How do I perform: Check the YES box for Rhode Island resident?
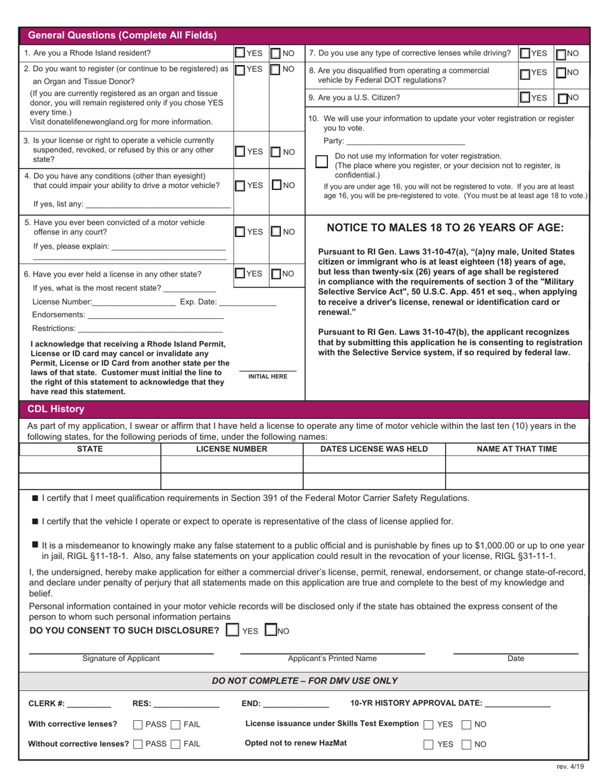tap(240, 53)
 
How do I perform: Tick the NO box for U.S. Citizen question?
tap(562, 98)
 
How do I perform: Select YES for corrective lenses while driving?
tap(525, 53)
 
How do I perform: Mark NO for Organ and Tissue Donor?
tap(276, 69)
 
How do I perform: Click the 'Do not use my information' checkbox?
tap(322, 161)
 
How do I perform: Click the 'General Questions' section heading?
tap(123, 35)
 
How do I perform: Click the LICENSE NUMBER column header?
tap(232, 449)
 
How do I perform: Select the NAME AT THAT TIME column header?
tap(516, 449)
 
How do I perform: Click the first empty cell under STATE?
tap(90, 463)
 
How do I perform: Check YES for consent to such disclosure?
tap(233, 630)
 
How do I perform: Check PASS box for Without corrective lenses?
tap(138, 744)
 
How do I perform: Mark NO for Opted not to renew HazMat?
tap(466, 744)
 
